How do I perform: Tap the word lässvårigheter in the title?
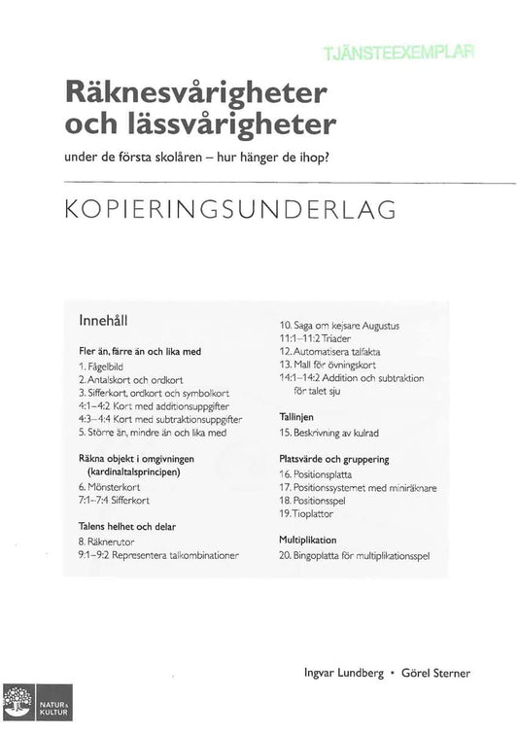(245, 125)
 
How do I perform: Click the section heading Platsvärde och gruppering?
(333, 458)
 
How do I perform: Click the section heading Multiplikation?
(307, 539)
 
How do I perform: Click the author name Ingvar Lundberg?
(339, 673)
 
